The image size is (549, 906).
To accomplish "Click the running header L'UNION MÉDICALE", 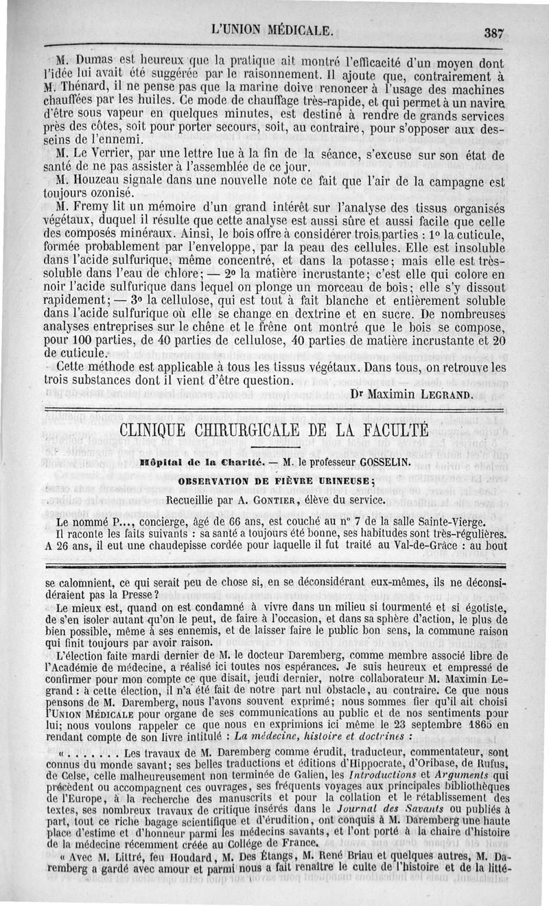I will tap(273, 30).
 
